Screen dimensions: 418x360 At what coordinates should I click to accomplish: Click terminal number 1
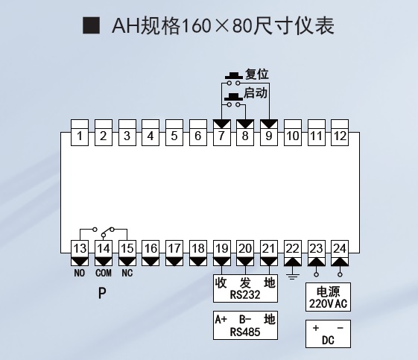click(80, 136)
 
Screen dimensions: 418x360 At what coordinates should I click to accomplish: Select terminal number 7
click(221, 136)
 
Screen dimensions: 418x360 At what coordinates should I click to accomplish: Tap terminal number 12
click(340, 136)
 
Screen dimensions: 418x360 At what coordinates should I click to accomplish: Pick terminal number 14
click(104, 248)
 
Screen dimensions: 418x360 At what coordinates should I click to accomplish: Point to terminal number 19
click(222, 248)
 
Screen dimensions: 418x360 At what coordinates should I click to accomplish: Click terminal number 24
click(340, 248)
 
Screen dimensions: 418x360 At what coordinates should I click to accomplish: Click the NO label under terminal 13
click(80, 273)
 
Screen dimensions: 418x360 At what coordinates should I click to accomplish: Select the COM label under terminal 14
click(104, 273)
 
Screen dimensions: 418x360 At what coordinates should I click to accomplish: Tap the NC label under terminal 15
click(127, 273)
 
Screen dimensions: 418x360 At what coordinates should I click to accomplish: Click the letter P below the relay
click(102, 294)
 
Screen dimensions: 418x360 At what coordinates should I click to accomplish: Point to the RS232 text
click(245, 295)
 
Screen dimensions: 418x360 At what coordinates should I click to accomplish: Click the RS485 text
click(245, 332)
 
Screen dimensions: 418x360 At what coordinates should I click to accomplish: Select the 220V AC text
click(328, 304)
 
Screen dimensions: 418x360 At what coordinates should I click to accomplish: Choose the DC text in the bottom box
click(328, 341)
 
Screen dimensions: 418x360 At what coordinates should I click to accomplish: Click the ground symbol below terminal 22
click(292, 277)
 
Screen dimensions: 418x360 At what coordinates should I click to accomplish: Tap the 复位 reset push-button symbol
click(234, 79)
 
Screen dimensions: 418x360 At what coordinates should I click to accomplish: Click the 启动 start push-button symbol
click(233, 100)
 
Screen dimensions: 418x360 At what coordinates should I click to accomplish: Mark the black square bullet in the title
click(91, 25)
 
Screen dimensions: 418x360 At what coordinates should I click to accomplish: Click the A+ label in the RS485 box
click(221, 320)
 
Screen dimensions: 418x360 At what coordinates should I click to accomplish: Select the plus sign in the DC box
click(316, 328)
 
